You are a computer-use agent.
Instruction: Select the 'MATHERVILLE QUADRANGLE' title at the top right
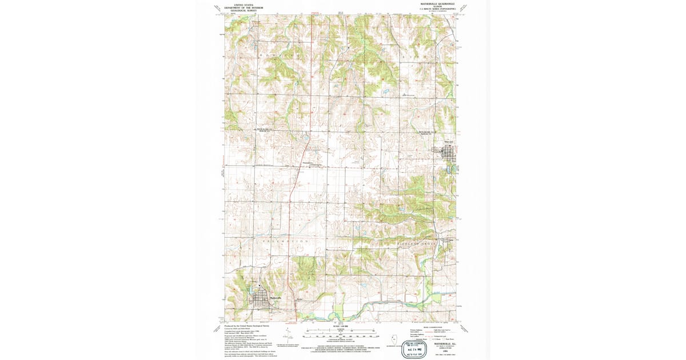click(438, 4)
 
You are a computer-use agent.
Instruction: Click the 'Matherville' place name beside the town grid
click(275, 297)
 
